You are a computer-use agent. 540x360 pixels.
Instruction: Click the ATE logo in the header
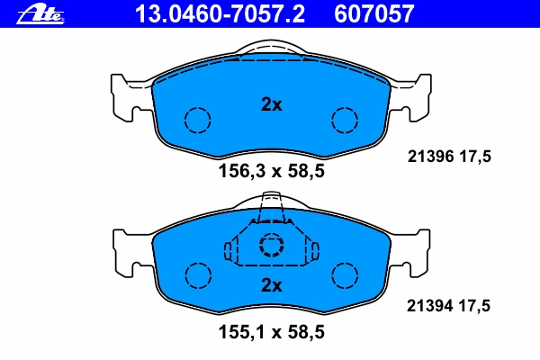point(40,14)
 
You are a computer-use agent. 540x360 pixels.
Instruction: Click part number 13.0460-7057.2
point(220,14)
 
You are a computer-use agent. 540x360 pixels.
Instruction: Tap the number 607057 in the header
point(373,14)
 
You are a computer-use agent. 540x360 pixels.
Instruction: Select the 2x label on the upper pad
point(272,104)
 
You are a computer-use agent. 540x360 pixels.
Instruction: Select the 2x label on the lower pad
point(272,285)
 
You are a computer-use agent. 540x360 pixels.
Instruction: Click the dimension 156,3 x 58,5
point(272,171)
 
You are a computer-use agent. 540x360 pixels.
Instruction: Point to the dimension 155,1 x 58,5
point(272,332)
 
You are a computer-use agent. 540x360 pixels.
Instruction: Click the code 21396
point(431,157)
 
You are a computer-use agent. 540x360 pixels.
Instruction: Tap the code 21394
point(430,306)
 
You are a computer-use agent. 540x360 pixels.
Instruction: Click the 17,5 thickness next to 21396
point(475,157)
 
